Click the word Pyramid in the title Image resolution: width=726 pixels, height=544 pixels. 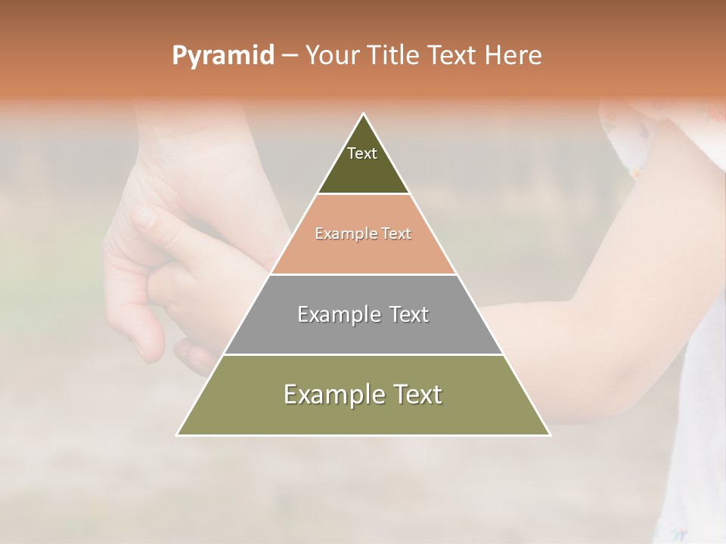coord(222,56)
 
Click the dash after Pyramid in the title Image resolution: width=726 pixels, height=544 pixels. coord(289,56)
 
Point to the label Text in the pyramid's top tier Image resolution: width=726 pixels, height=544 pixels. coord(362,153)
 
